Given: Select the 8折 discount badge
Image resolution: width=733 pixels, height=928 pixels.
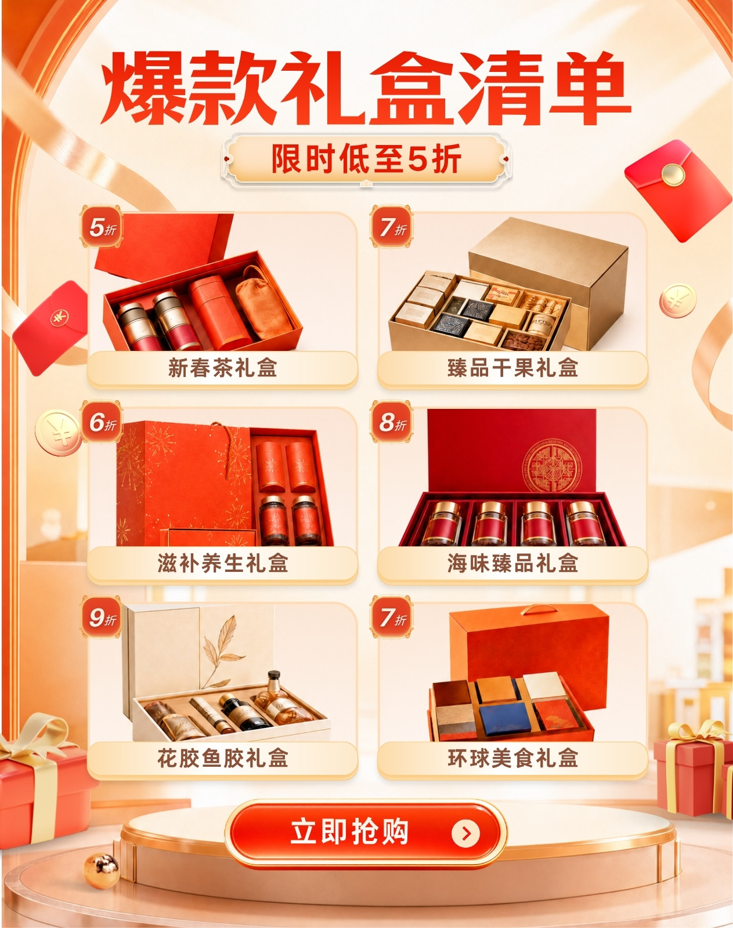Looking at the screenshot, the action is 391,422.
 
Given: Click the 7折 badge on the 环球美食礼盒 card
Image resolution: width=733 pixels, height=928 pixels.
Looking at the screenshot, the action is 391,618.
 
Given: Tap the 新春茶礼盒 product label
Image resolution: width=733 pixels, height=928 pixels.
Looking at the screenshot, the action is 222,368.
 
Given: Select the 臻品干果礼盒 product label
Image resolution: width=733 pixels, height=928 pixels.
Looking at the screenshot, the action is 512,368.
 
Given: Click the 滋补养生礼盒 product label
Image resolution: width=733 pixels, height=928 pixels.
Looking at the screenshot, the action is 222,564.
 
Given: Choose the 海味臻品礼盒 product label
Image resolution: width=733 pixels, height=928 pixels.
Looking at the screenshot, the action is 512,564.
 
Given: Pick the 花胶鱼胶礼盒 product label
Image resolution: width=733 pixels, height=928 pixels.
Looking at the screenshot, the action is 222,759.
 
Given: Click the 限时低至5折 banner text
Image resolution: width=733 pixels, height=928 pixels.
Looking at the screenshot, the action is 366,159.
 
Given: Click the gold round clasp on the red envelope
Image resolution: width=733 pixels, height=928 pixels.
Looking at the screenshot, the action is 673,175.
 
